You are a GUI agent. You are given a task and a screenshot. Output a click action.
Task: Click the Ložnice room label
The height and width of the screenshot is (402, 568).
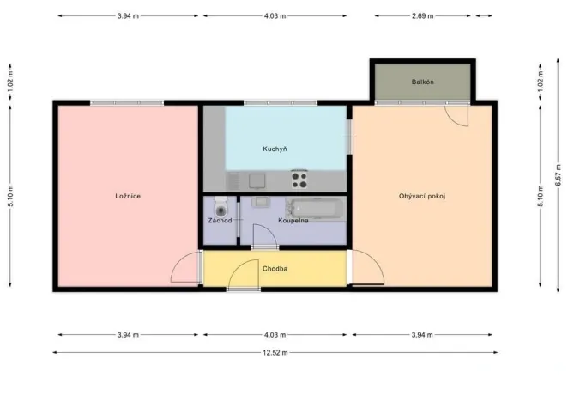128,196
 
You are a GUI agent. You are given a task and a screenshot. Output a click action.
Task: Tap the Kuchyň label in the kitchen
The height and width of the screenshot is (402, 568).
275,149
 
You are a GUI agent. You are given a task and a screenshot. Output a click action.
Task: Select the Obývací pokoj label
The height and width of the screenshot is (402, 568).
422,196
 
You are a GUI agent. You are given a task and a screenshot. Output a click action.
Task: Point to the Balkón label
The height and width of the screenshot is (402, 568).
422,82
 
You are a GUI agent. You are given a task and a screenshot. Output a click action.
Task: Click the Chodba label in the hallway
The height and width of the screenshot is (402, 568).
275,269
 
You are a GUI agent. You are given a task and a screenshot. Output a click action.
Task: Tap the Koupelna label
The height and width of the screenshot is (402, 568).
293,221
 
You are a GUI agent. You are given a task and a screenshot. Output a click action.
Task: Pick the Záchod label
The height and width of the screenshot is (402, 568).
220,221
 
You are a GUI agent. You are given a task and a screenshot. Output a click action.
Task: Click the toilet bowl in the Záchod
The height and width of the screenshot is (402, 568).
221,208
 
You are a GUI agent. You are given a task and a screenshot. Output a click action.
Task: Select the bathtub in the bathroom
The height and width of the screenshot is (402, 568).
317,207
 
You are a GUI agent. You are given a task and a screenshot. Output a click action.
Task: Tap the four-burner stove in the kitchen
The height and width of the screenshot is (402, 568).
299,180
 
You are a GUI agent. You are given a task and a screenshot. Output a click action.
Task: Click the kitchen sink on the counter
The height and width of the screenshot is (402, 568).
257,180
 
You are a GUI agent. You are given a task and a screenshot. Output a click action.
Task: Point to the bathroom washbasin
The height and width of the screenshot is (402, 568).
261,204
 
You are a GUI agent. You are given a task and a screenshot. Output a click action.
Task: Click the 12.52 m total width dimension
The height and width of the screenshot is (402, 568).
275,352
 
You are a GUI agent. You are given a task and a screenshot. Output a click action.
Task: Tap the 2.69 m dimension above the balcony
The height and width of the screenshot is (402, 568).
422,15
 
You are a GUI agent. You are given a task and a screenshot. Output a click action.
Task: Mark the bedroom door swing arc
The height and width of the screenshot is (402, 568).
184,270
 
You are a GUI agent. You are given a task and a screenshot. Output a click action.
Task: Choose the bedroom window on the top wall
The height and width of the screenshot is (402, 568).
127,103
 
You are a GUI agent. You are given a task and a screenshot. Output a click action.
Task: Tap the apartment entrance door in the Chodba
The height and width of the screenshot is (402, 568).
244,288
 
